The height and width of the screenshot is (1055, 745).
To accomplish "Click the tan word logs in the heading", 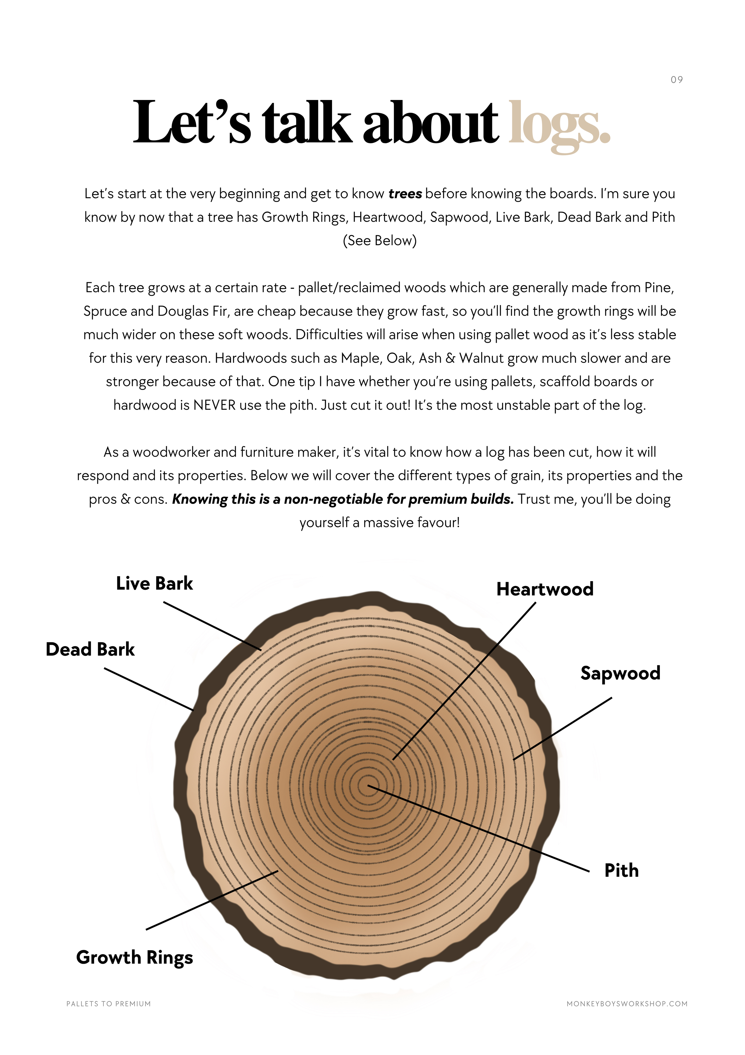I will (559, 124).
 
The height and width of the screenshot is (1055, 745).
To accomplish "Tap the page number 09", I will (676, 80).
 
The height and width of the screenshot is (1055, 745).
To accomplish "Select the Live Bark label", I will (154, 584).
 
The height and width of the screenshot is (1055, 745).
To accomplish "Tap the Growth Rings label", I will (134, 958).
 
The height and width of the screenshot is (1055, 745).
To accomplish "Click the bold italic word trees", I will (405, 194).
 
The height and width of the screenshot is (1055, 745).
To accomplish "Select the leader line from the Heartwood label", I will (464, 681).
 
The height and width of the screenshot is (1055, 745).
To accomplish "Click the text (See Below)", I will (380, 241).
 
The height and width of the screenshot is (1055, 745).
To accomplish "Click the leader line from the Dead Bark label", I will (149, 689).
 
